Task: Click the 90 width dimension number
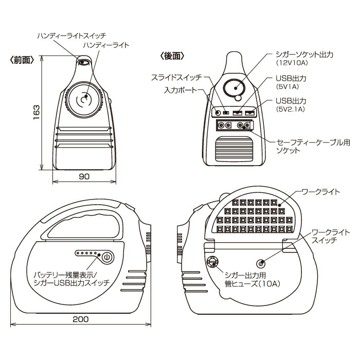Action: [x=84, y=176]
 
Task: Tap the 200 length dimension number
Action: [x=80, y=319]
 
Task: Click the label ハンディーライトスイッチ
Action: [x=71, y=35]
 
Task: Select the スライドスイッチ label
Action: [x=177, y=78]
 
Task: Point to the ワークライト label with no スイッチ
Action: [x=320, y=192]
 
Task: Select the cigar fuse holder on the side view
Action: [x=211, y=262]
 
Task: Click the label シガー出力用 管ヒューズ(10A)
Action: [x=245, y=277]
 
